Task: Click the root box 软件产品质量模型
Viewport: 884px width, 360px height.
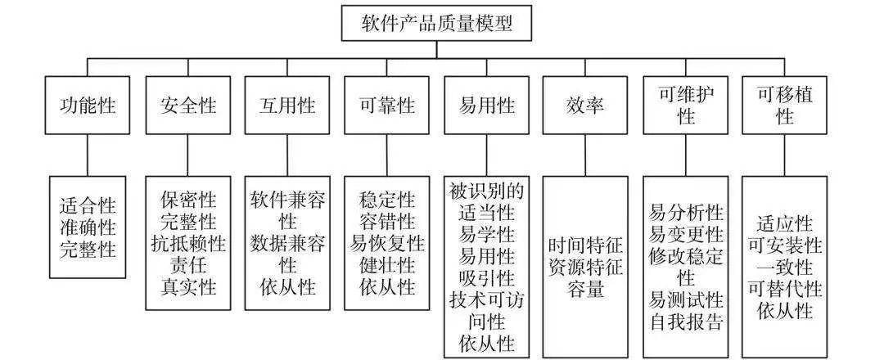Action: [x=438, y=23]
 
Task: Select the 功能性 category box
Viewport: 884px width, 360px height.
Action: [x=88, y=106]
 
